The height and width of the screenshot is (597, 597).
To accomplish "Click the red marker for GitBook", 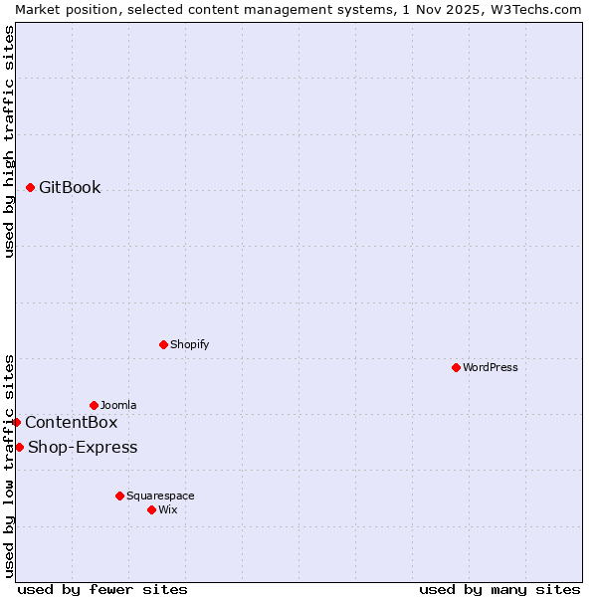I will [31, 187].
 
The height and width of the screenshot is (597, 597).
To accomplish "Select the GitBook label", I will [70, 187].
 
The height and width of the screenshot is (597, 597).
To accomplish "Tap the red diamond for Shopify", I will [163, 344].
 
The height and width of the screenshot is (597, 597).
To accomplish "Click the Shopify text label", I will [189, 344].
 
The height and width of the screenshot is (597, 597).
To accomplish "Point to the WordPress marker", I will [456, 367].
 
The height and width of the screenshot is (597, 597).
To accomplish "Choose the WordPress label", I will [491, 367].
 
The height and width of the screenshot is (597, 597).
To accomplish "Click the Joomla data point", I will [94, 405].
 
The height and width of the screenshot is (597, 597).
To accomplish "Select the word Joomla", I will [118, 405].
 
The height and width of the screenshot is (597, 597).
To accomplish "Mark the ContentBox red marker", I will [16, 422].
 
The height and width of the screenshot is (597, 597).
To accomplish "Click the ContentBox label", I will [71, 422].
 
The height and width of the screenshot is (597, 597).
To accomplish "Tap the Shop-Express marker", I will [19, 447].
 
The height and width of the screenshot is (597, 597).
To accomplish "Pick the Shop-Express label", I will [83, 447].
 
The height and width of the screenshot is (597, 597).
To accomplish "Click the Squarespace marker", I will [119, 496].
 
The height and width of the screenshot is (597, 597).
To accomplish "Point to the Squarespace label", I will [160, 496].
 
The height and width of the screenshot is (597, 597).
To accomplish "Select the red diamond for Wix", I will [151, 509].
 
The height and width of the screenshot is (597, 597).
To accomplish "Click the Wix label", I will [168, 509].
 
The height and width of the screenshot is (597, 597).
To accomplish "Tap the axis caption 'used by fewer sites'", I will [102, 589].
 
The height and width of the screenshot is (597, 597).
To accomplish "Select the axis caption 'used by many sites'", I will [499, 589].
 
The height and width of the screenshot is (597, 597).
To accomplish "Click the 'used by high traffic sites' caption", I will [9, 141].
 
